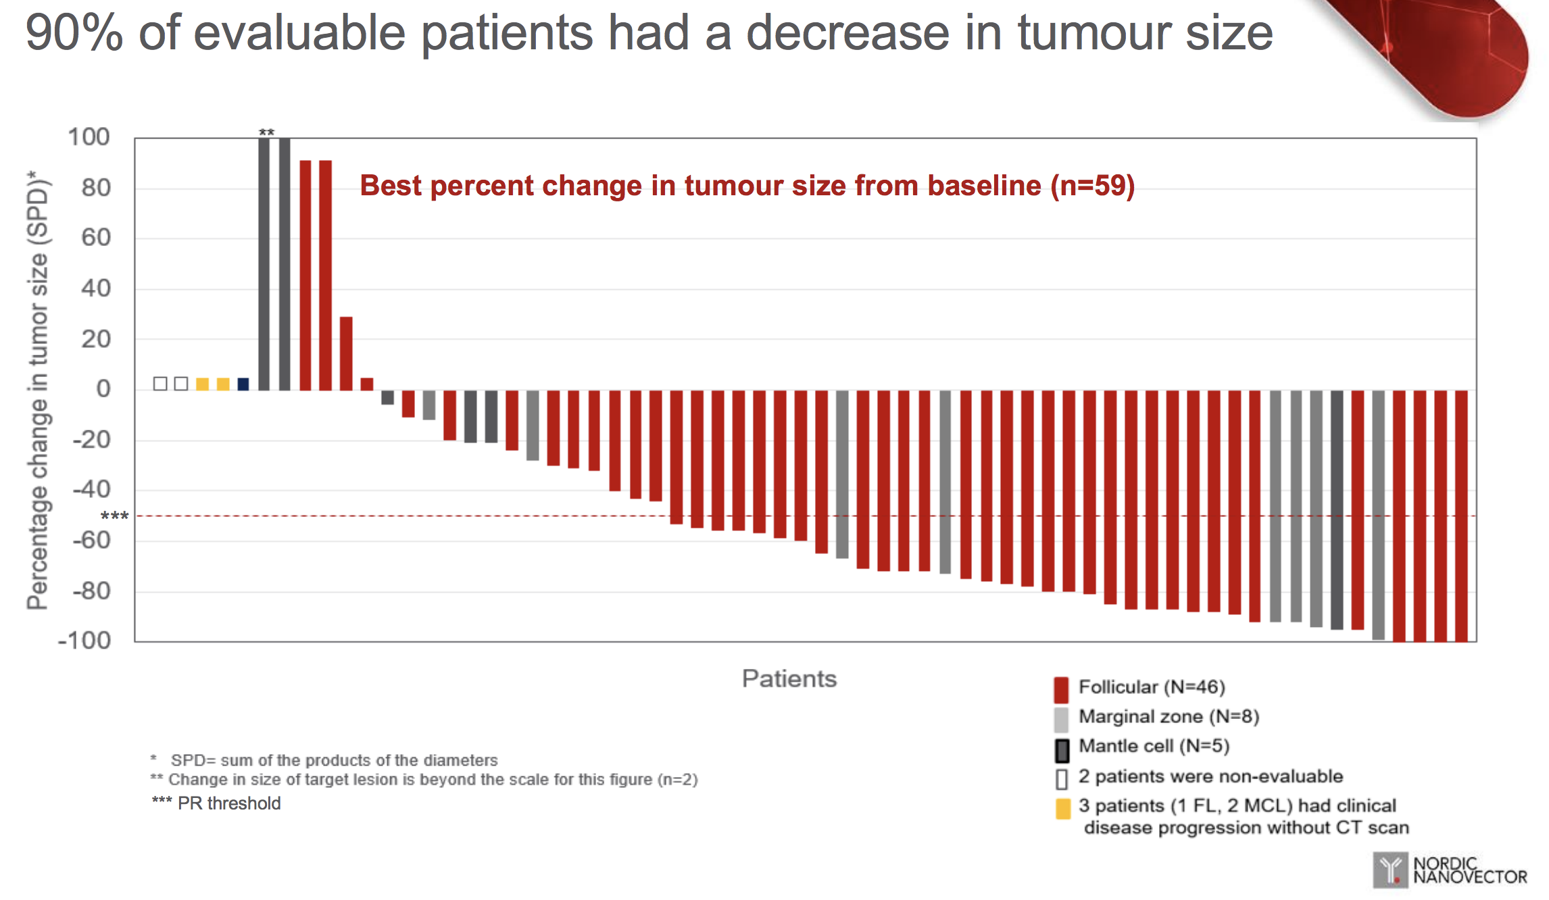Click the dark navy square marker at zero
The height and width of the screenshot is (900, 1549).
(x=243, y=384)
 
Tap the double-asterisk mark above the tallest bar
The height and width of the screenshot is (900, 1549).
(x=266, y=132)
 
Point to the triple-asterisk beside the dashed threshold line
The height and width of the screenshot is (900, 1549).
(x=114, y=517)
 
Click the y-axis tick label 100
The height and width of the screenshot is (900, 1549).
(x=89, y=137)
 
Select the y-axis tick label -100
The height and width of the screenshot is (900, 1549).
(x=84, y=640)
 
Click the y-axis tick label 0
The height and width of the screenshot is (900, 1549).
(x=103, y=389)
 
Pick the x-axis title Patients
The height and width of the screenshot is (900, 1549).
(x=789, y=678)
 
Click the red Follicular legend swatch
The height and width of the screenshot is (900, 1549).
(x=1061, y=689)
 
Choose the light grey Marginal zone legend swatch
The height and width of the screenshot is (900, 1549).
(x=1061, y=719)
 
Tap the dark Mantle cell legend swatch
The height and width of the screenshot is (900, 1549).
(x=1062, y=749)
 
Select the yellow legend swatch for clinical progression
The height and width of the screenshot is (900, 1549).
(x=1062, y=808)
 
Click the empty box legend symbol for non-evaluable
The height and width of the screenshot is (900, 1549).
(x=1061, y=779)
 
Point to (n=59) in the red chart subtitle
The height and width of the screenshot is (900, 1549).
(x=1092, y=186)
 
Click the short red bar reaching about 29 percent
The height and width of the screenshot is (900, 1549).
(x=346, y=353)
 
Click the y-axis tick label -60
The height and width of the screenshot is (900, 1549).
(x=92, y=540)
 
